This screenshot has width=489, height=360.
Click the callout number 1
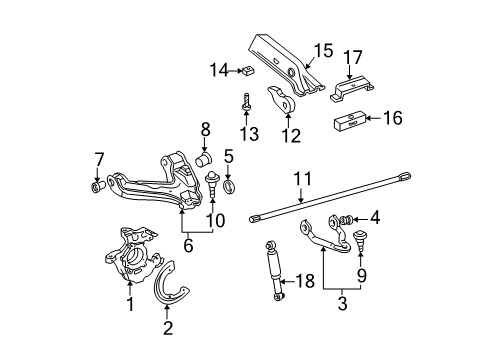(128, 303)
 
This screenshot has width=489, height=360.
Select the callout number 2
(168, 327)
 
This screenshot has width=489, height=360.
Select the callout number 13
(247, 135)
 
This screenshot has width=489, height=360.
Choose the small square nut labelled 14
(247, 70)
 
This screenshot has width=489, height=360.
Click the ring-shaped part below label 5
(229, 184)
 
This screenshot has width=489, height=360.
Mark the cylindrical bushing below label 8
(204, 159)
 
